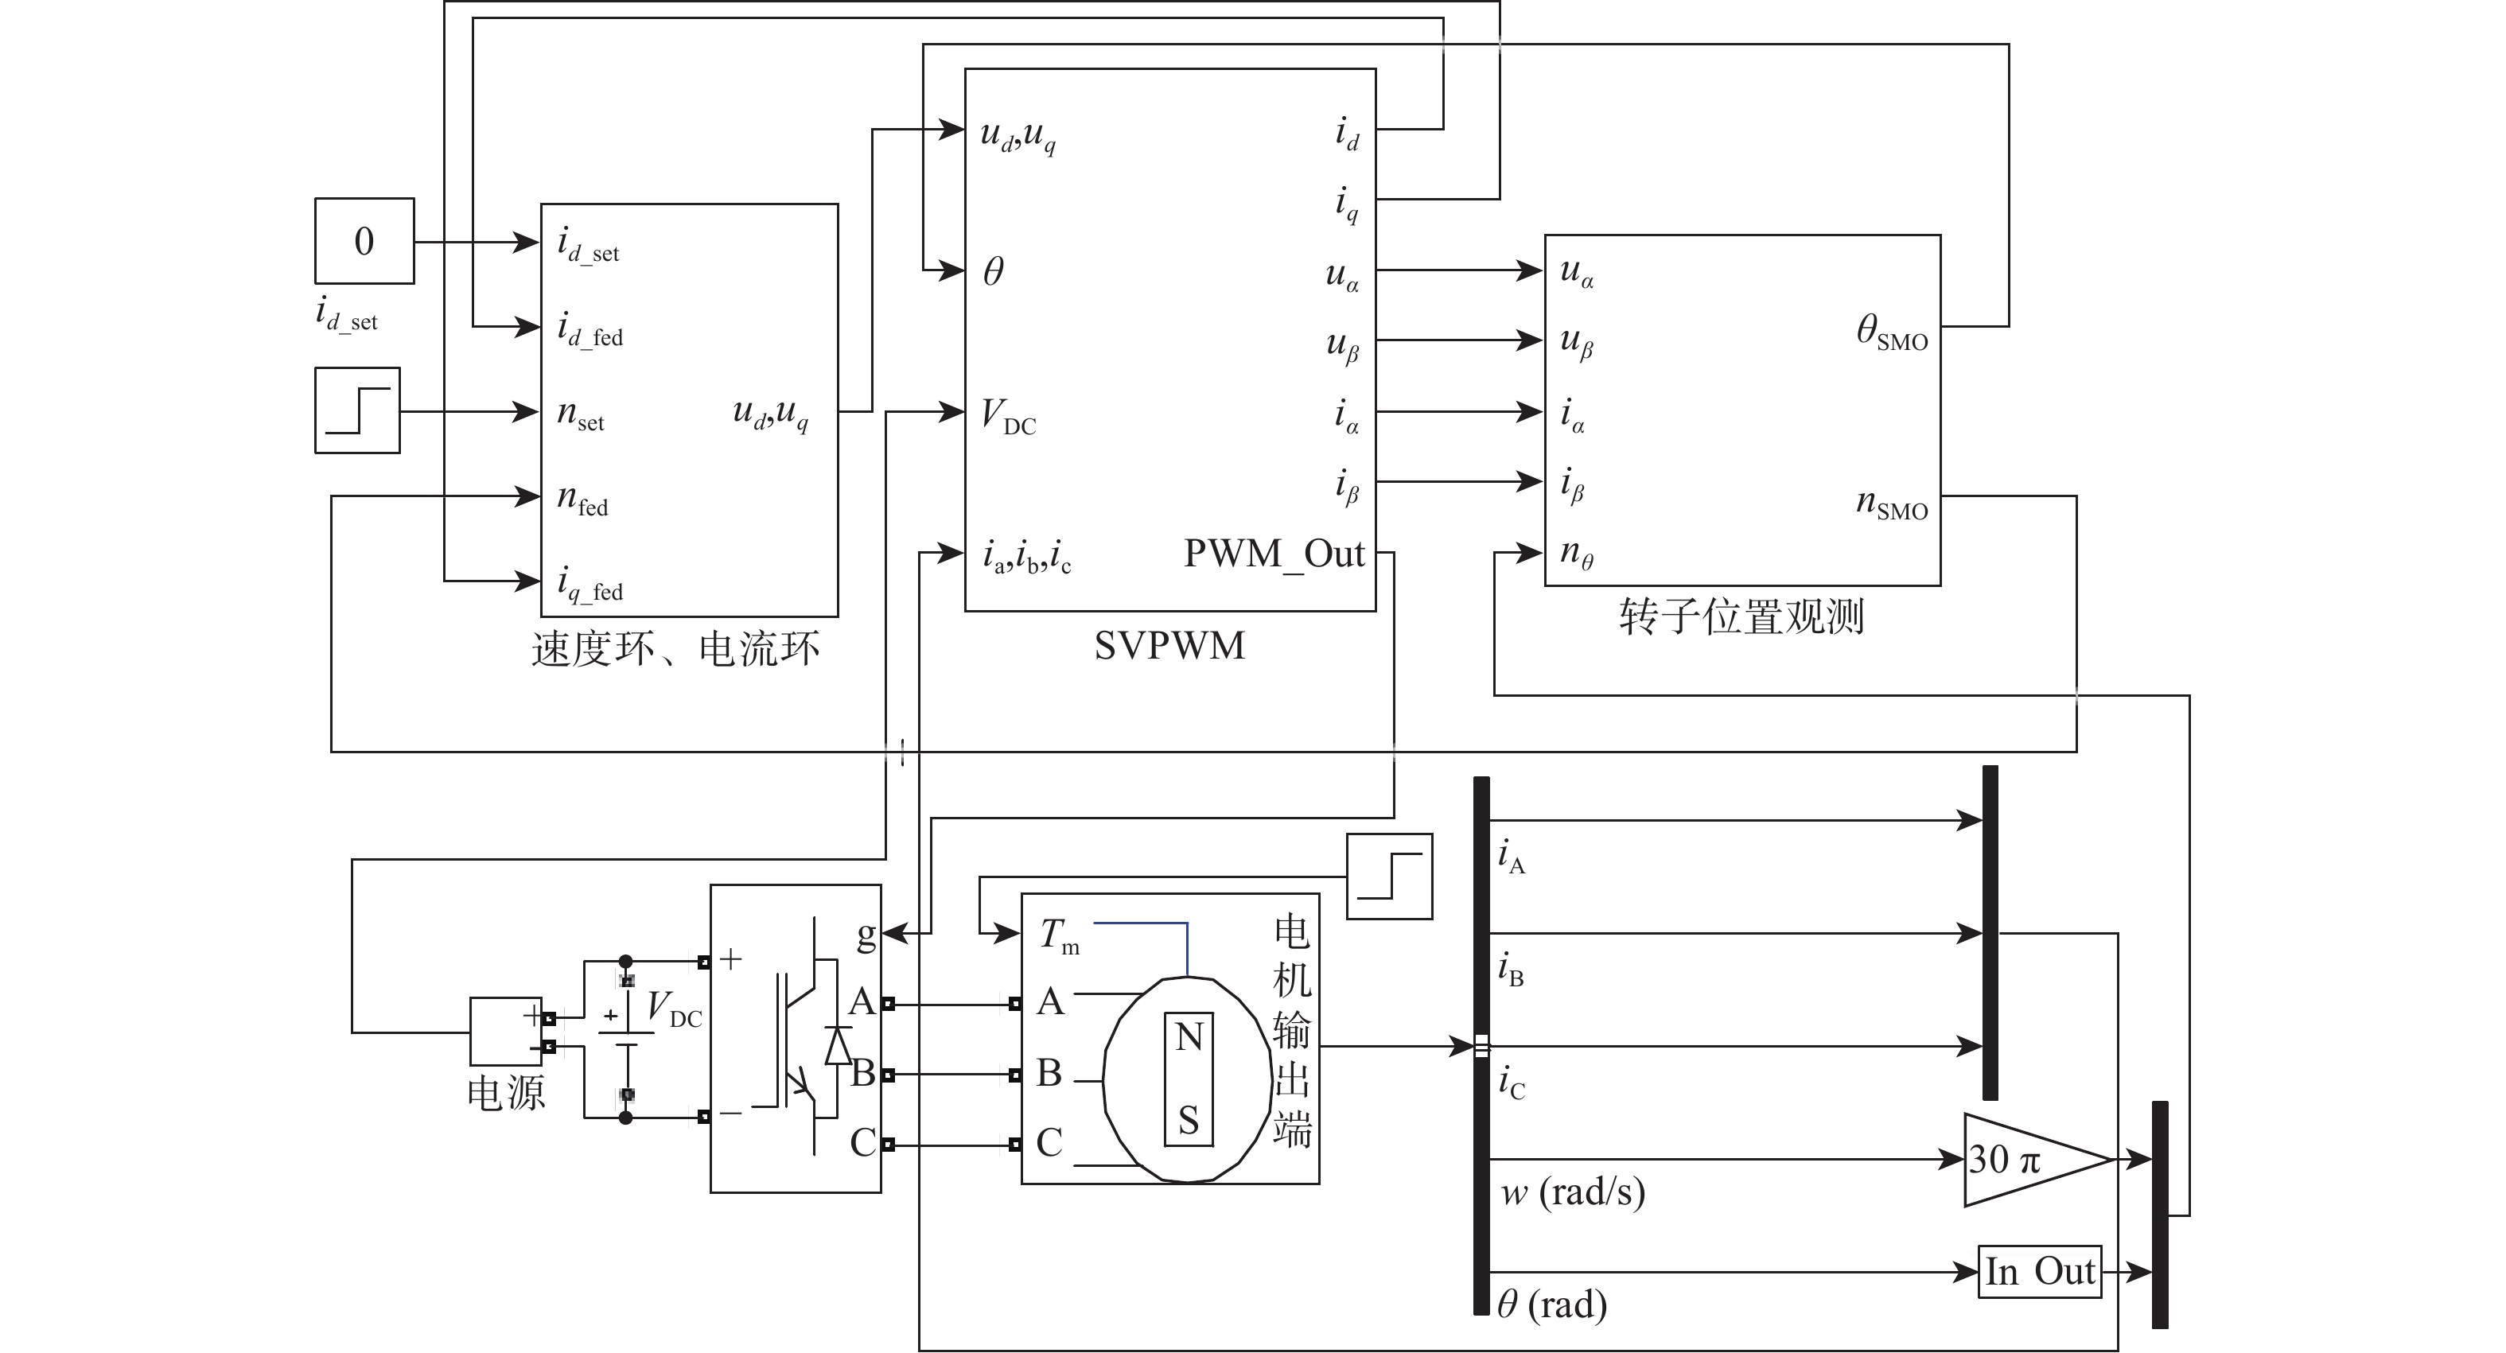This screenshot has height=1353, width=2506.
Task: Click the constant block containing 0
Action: (364, 241)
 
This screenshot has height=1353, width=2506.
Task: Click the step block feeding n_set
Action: (357, 410)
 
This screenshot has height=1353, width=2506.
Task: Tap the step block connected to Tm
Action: (1389, 877)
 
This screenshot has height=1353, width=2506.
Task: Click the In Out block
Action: (2039, 1271)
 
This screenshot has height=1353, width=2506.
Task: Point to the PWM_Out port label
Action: (1274, 554)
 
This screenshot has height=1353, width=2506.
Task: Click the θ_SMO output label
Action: (1891, 332)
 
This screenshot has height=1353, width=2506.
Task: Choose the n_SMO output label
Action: (1891, 503)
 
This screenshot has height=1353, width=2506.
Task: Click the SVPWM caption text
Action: (1169, 646)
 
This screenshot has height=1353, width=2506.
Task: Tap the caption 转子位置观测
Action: (1741, 616)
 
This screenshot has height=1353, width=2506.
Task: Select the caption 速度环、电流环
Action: (675, 650)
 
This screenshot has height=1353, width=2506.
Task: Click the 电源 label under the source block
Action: (506, 1093)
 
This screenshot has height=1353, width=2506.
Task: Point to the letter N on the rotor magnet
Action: (1189, 1037)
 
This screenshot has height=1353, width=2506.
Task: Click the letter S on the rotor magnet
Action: (1189, 1121)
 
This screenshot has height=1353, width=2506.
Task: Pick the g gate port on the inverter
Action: (866, 935)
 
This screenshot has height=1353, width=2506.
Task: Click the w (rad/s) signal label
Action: (1572, 1192)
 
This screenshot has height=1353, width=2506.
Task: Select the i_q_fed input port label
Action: (590, 585)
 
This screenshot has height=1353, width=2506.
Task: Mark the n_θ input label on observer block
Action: (1576, 554)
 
